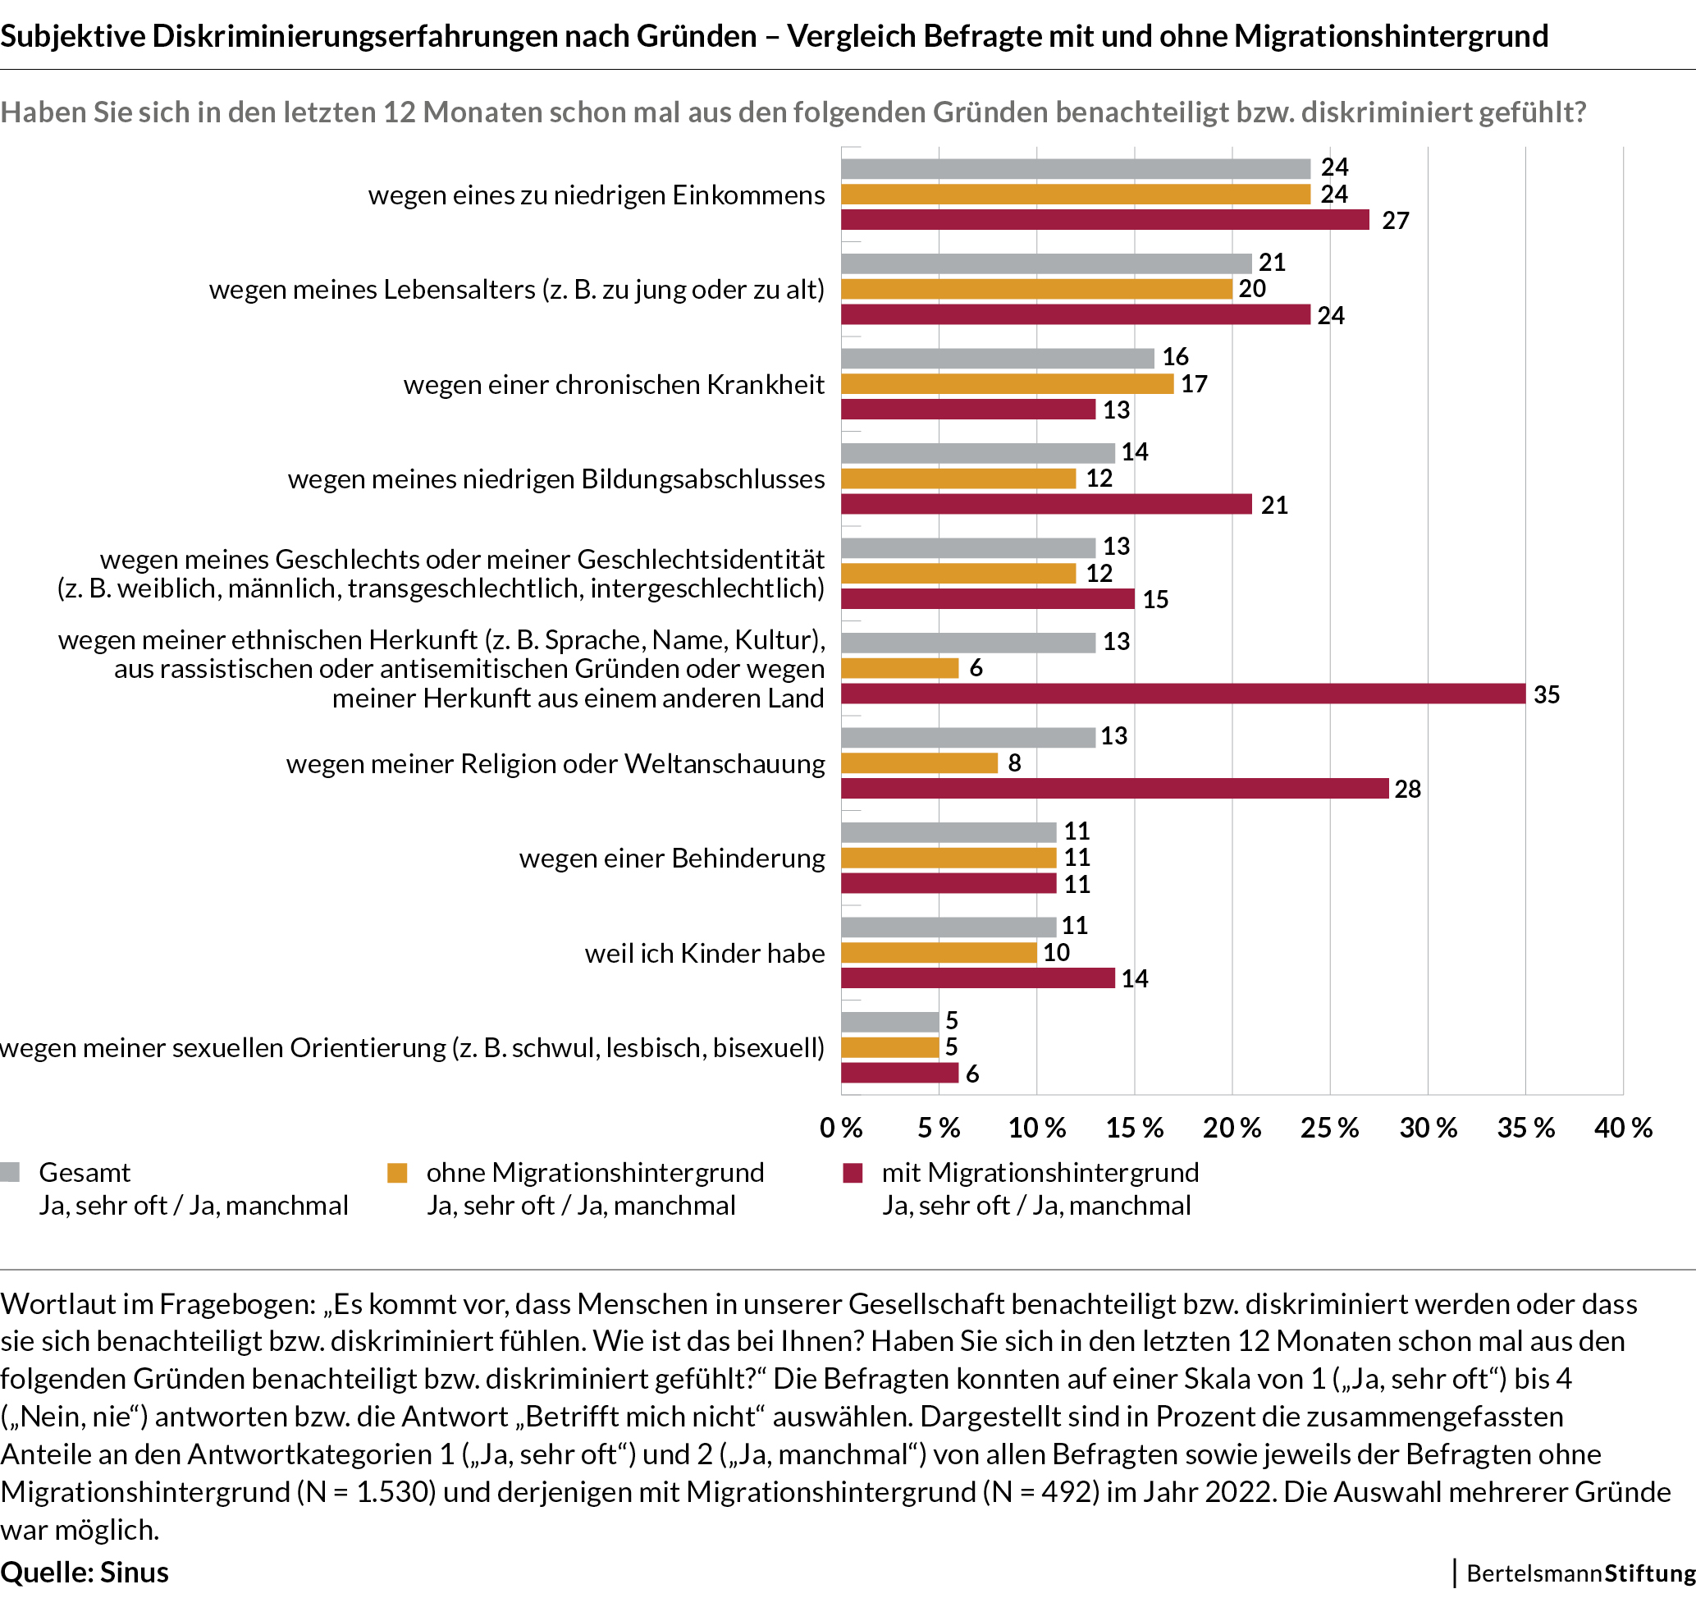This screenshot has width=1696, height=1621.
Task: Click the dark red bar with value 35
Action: point(1183,694)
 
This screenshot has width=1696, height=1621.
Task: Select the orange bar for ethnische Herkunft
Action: point(899,668)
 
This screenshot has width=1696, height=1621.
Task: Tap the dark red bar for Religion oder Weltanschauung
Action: point(1114,788)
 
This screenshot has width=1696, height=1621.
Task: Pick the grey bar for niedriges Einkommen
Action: point(1076,168)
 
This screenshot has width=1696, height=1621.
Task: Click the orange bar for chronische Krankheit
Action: point(1008,383)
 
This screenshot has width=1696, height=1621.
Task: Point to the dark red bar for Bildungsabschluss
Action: point(1046,504)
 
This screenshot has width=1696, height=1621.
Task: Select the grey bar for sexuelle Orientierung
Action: point(890,1021)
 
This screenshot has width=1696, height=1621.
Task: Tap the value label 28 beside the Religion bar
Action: point(1407,789)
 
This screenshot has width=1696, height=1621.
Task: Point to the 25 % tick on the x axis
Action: point(1330,1128)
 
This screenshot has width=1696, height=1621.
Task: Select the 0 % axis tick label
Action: point(842,1128)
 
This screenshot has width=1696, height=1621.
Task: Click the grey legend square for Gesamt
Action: point(11,1173)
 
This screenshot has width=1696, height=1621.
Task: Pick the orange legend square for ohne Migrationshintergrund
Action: point(397,1173)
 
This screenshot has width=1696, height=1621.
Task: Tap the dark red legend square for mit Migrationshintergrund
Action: point(853,1173)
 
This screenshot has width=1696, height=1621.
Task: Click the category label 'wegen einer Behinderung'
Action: point(671,858)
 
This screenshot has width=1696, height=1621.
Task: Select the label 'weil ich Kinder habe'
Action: point(704,953)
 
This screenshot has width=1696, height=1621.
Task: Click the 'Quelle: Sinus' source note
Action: point(85,1573)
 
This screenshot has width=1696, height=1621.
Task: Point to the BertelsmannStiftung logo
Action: point(1580,1573)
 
